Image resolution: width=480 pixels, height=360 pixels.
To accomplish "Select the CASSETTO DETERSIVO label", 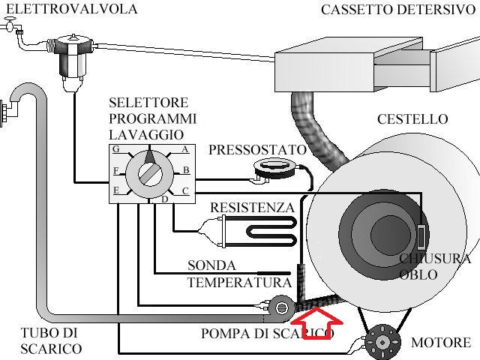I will coord(397,10).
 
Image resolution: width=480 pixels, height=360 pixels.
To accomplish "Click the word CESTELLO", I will coord(412,119).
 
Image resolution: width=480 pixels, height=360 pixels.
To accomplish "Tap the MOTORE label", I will coord(441,343).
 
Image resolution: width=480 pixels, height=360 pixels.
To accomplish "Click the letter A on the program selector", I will coord(184,149).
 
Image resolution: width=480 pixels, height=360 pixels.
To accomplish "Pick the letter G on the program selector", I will coord(115,149).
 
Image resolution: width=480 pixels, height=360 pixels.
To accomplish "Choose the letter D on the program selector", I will coord(164,199).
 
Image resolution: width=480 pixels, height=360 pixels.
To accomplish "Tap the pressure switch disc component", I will coord(272,168).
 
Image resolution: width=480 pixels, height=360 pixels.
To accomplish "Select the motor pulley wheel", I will coord(382,341).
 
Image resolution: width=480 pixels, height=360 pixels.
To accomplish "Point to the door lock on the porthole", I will coord(422,238).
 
